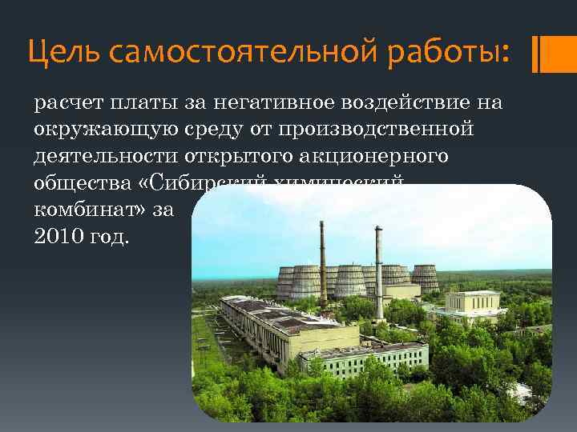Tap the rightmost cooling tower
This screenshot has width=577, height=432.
(x=425, y=277)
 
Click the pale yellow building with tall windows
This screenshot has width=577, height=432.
(x=473, y=303)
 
